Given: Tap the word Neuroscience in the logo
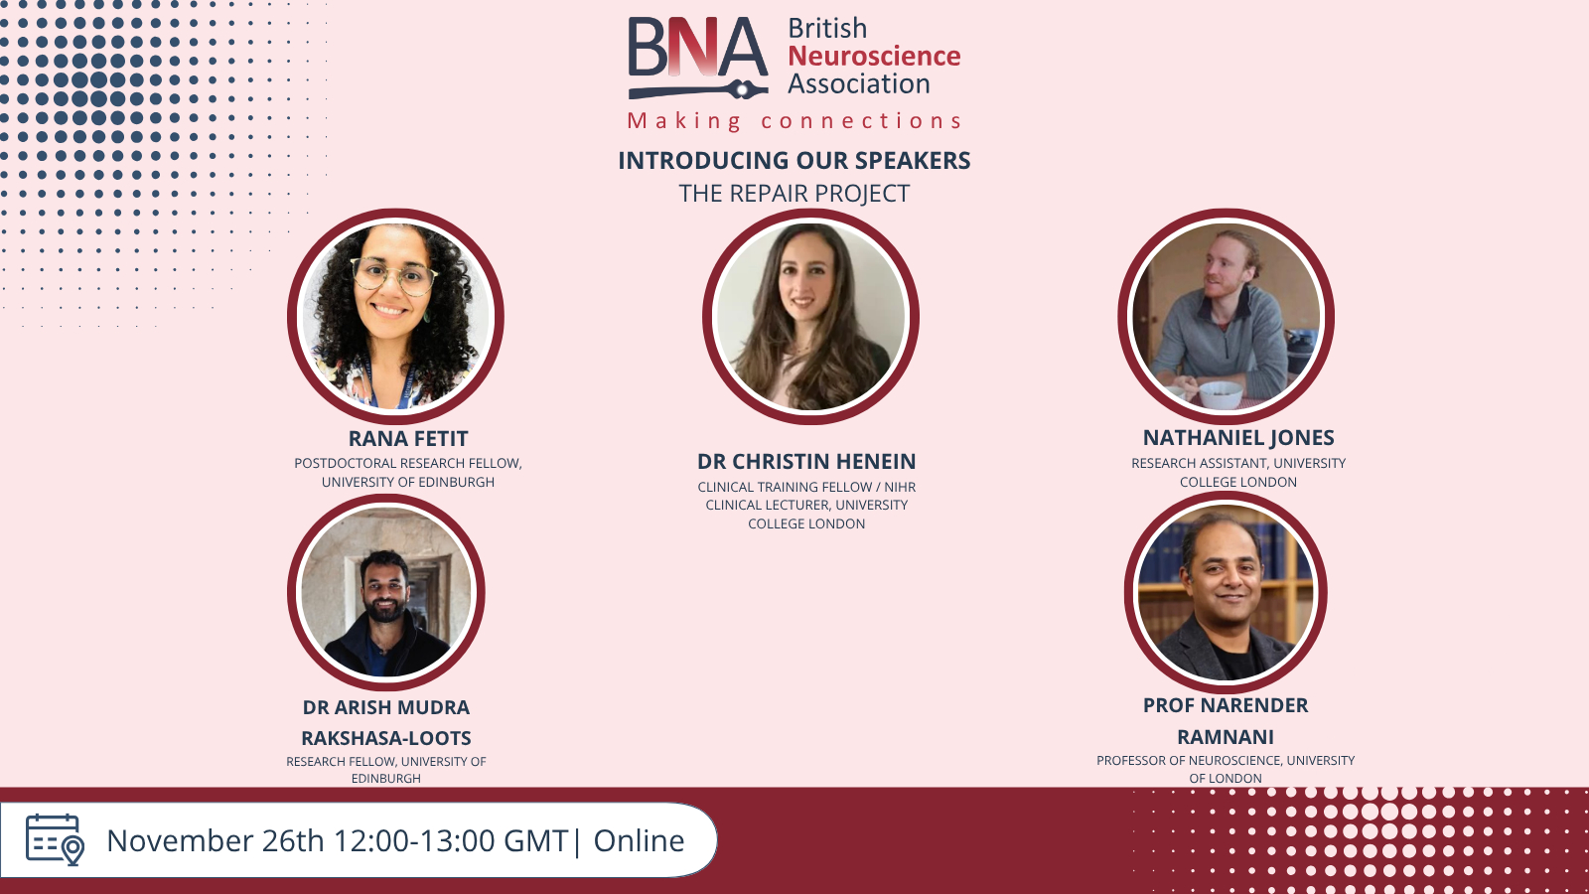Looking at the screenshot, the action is click(874, 56).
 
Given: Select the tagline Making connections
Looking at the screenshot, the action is click(794, 120).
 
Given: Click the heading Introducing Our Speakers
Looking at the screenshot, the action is click(794, 160).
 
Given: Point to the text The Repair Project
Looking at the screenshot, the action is click(794, 193).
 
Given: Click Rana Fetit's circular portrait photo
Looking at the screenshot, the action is click(396, 316).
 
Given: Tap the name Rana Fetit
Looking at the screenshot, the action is click(408, 438).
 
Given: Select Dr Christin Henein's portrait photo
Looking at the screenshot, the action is click(810, 316).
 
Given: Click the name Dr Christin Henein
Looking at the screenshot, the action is click(806, 461).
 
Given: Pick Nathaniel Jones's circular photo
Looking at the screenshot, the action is click(1226, 316).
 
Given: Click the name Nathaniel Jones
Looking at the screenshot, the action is click(1238, 438).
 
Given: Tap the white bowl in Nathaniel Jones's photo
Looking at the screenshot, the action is click(1221, 394).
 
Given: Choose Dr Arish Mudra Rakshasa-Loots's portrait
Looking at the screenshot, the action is click(386, 592).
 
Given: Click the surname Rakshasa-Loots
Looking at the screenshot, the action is click(386, 738).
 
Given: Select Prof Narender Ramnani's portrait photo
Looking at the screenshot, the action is click(1226, 592).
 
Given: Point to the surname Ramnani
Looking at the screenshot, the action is click(1226, 736).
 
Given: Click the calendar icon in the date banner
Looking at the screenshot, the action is click(56, 840).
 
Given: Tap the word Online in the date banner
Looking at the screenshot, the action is click(639, 840).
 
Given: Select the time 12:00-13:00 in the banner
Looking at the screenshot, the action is click(415, 840).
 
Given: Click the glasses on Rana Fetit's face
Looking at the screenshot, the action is click(394, 276).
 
